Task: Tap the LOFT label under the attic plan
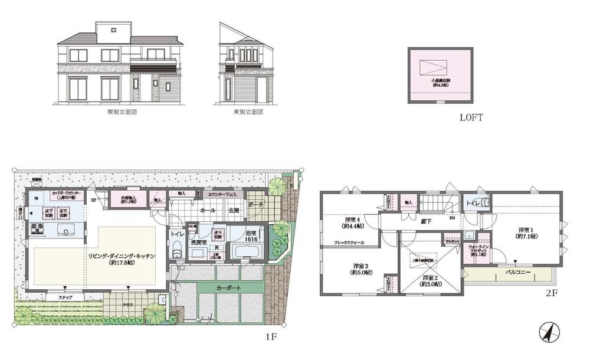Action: [x=471, y=117]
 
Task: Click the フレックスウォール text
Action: [x=350, y=243]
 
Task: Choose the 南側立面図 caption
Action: [x=123, y=111]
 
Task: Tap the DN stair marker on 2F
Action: [x=452, y=217]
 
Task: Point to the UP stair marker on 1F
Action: [x=94, y=200]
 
